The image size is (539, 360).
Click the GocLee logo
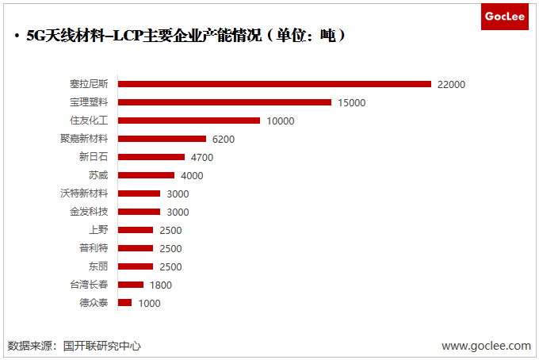504,17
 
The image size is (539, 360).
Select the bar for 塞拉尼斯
274,84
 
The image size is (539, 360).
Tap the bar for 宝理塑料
224,102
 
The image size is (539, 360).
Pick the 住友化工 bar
189,121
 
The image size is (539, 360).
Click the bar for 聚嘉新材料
162,139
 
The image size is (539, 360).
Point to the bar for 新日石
151,157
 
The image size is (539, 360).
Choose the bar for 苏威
146,175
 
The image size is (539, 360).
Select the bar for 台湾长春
131,285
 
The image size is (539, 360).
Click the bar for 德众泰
124,303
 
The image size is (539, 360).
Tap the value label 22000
451,85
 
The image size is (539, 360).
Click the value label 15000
351,103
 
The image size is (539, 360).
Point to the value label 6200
224,140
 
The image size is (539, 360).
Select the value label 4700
202,158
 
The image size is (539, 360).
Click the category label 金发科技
89,212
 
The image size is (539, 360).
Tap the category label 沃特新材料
84,193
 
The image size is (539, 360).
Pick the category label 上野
99,230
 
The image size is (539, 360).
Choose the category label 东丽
99,266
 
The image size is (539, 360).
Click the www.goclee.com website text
486,346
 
